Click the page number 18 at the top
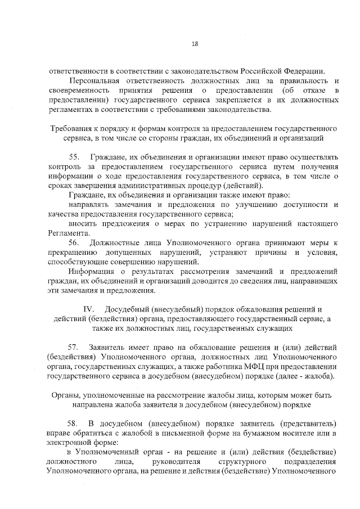pyautogui.click(x=195, y=44)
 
